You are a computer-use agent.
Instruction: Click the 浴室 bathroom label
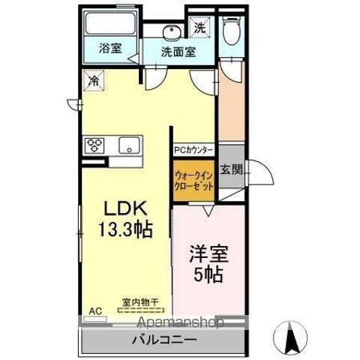pos(111,49)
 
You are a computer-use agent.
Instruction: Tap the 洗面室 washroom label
pos(178,52)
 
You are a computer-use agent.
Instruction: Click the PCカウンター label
pos(195,149)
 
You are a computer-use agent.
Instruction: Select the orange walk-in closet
pos(195,180)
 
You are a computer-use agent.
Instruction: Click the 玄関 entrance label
pos(232,170)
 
